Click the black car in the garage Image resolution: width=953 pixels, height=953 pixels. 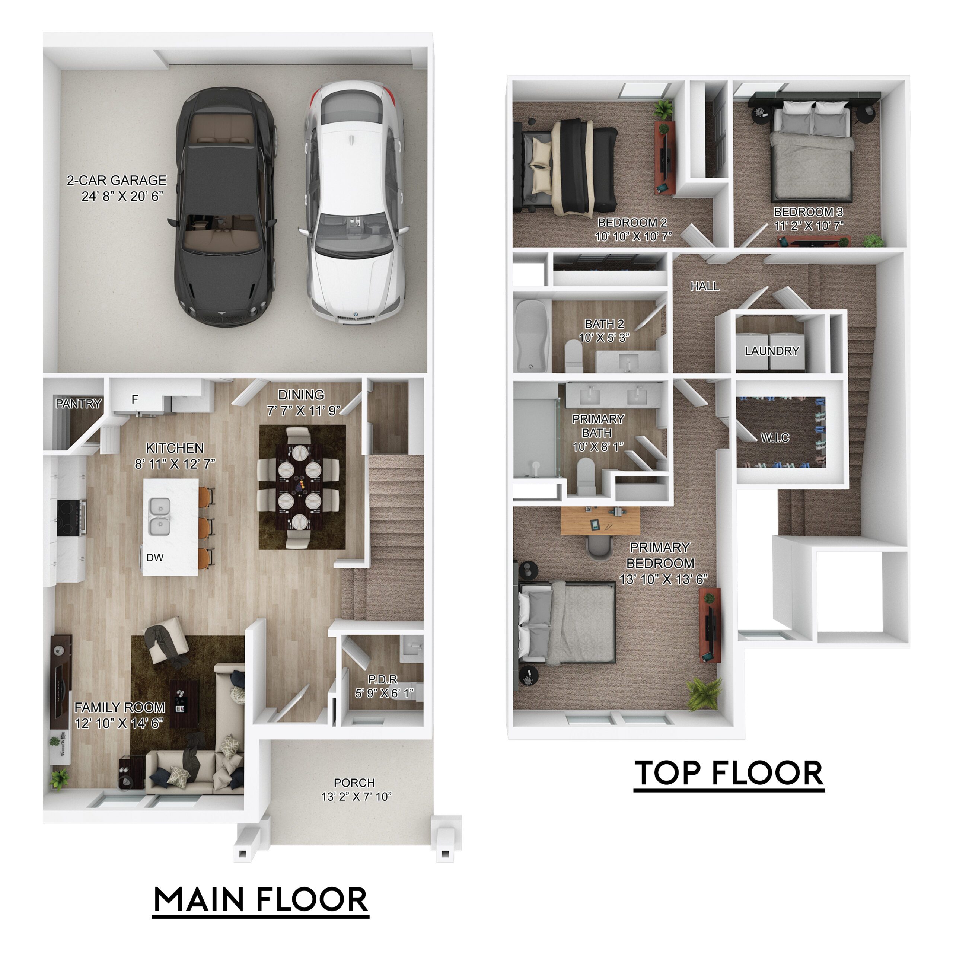224,207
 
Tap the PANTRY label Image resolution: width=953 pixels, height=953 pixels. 79,404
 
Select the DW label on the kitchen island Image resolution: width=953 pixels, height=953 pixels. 155,557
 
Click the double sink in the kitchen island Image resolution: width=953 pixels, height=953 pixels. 160,516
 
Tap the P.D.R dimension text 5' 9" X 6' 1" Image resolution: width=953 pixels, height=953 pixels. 384,693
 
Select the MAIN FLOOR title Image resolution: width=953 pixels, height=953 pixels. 261,899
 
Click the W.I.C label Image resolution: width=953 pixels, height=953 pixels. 775,437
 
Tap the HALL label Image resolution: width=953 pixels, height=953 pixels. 704,286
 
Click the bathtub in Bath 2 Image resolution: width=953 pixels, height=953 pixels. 531,335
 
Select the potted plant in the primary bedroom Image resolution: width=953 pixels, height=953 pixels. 704,693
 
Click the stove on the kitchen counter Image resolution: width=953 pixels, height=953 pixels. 71,517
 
